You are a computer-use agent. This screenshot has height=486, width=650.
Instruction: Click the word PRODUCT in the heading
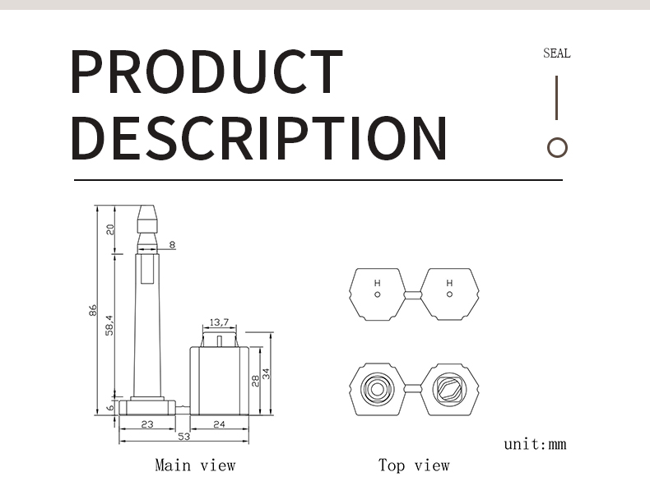[207, 72]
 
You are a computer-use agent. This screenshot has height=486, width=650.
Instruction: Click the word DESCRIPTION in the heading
[259, 138]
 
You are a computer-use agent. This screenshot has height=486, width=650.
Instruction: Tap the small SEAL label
[557, 53]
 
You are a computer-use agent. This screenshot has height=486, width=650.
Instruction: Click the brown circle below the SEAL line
[557, 147]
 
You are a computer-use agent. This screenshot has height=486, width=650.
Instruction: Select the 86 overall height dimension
[93, 310]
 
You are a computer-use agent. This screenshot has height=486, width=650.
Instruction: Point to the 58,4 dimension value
[109, 326]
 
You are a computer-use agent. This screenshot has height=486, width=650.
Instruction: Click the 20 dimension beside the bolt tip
[110, 229]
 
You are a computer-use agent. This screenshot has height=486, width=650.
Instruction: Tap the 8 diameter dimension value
[173, 245]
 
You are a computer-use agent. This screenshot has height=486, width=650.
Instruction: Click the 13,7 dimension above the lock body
[219, 322]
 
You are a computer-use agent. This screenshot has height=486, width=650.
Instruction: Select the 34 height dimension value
[266, 373]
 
